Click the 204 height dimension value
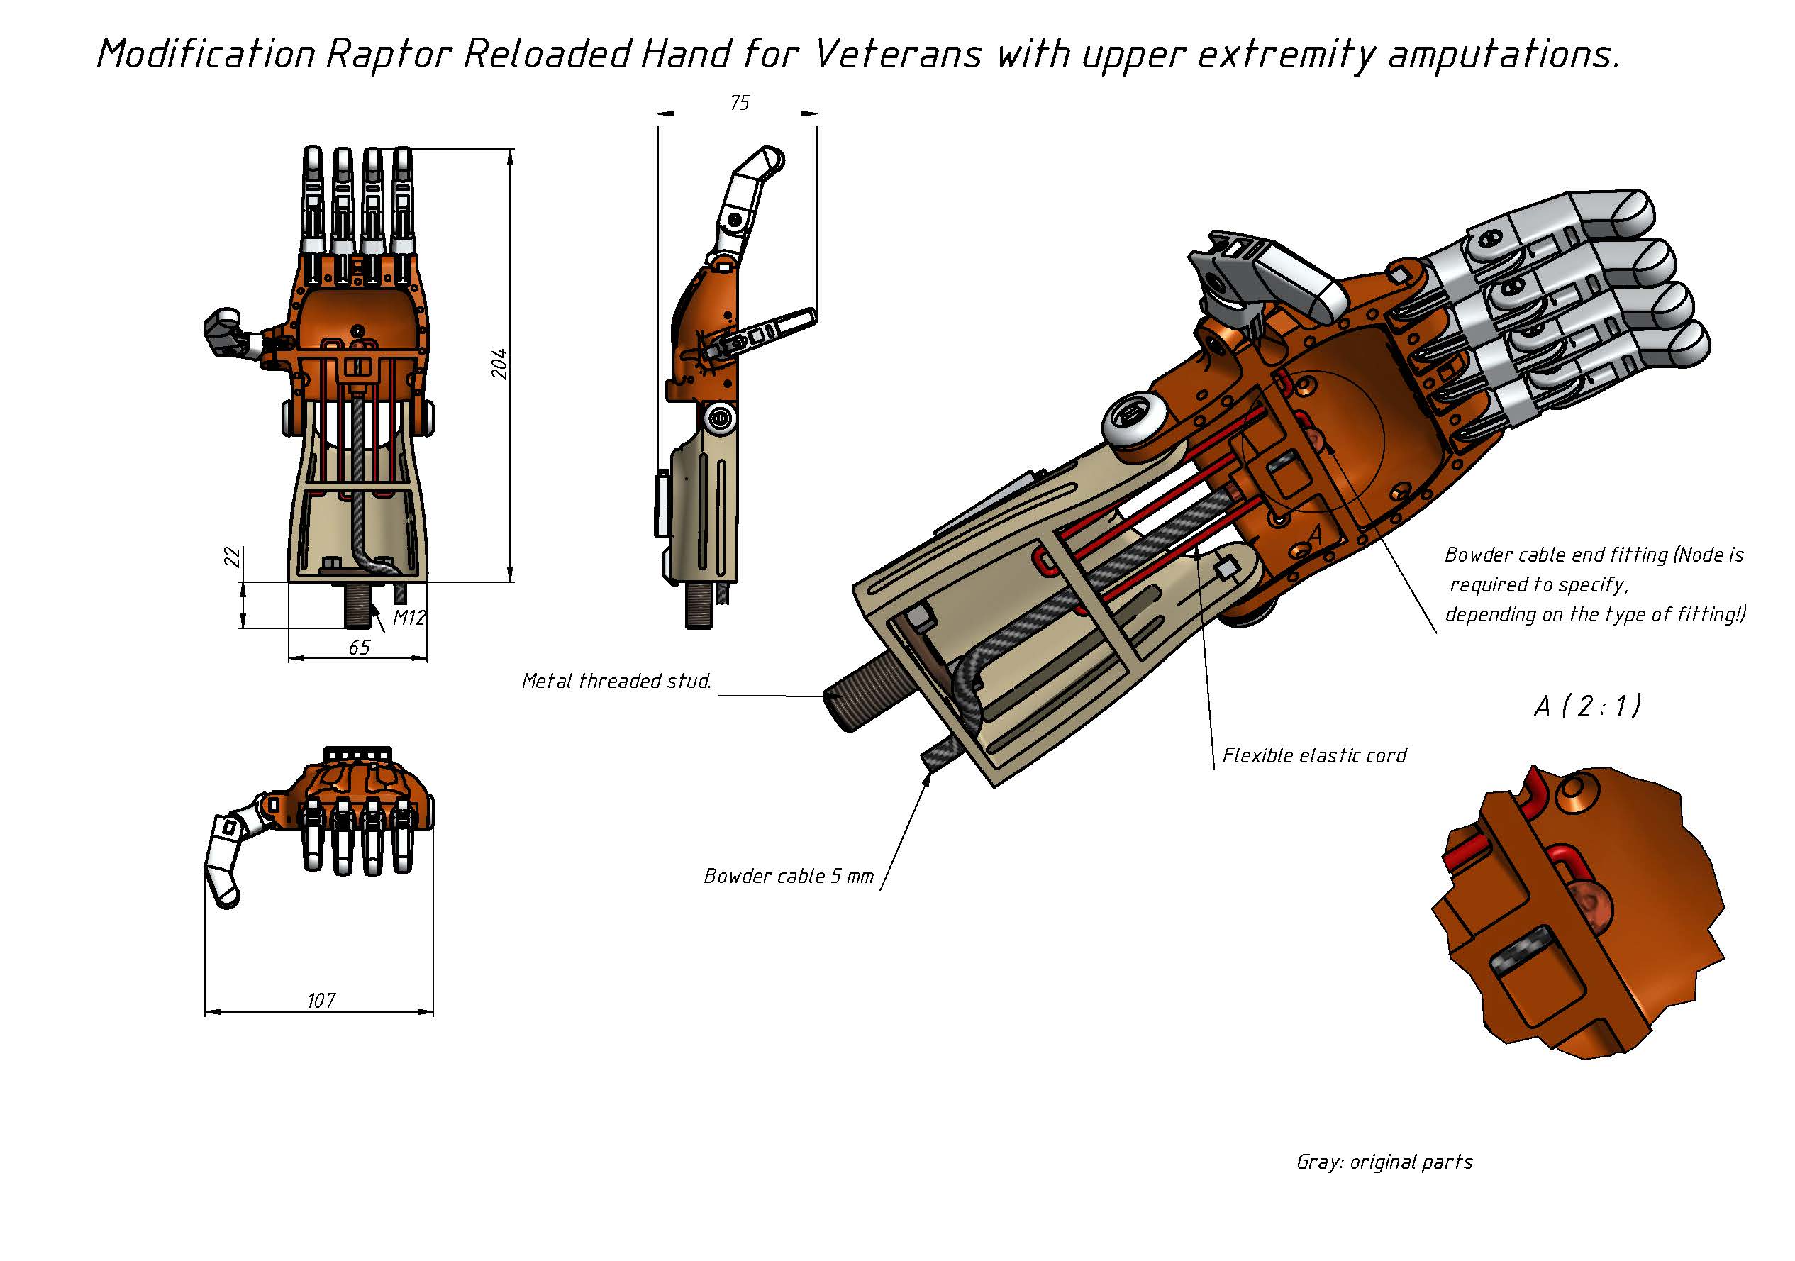[499, 365]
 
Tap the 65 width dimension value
[359, 648]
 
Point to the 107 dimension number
[321, 1001]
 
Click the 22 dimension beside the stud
[232, 557]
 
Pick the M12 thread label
[409, 618]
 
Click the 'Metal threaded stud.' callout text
[616, 682]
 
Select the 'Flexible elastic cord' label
[1314, 756]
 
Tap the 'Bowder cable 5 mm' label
[788, 877]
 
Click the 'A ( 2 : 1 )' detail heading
[1587, 706]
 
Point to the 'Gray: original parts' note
[1384, 1162]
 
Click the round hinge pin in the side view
[719, 418]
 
